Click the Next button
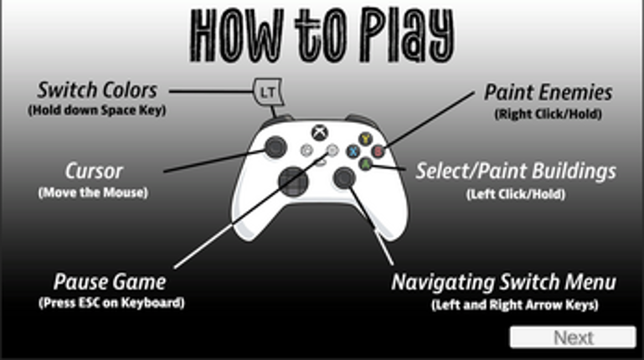573,337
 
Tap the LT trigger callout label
268,92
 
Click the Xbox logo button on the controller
320,132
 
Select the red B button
378,151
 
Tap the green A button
365,164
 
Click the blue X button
353,151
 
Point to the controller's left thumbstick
276,147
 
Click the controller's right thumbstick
344,177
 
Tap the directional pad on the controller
293,182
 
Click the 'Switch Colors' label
97,90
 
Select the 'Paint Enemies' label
549,92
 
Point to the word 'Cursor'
94,171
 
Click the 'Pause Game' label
110,282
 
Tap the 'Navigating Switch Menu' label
504,282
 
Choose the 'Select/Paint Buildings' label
516,171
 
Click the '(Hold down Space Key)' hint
97,110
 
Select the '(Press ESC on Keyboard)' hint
111,303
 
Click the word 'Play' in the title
408,36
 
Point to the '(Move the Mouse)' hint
93,193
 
